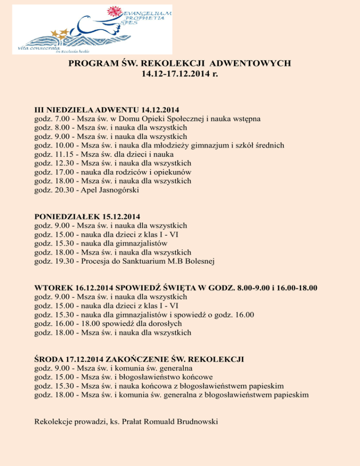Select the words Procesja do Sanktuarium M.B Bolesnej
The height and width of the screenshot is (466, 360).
pyautogui.click(x=148, y=262)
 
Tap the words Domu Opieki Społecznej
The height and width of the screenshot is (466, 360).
pyautogui.click(x=161, y=119)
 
